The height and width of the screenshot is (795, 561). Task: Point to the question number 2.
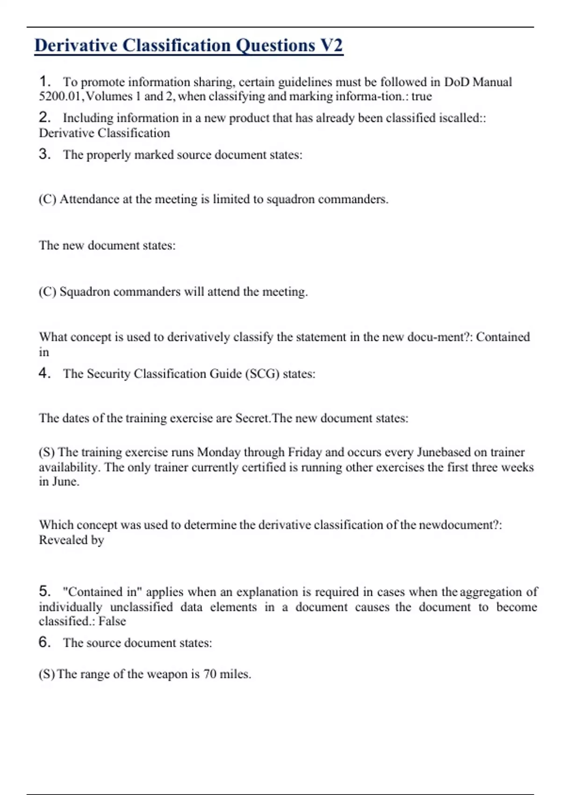pos(44,117)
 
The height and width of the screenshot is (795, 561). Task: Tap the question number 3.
pos(44,154)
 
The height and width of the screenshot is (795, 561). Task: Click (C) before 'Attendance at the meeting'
pos(47,199)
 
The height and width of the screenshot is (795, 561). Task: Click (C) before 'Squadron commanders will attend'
pos(47,292)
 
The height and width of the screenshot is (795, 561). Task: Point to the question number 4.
pos(44,373)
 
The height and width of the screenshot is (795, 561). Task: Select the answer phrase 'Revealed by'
pos(71,540)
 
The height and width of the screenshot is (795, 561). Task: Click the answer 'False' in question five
pos(112,621)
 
